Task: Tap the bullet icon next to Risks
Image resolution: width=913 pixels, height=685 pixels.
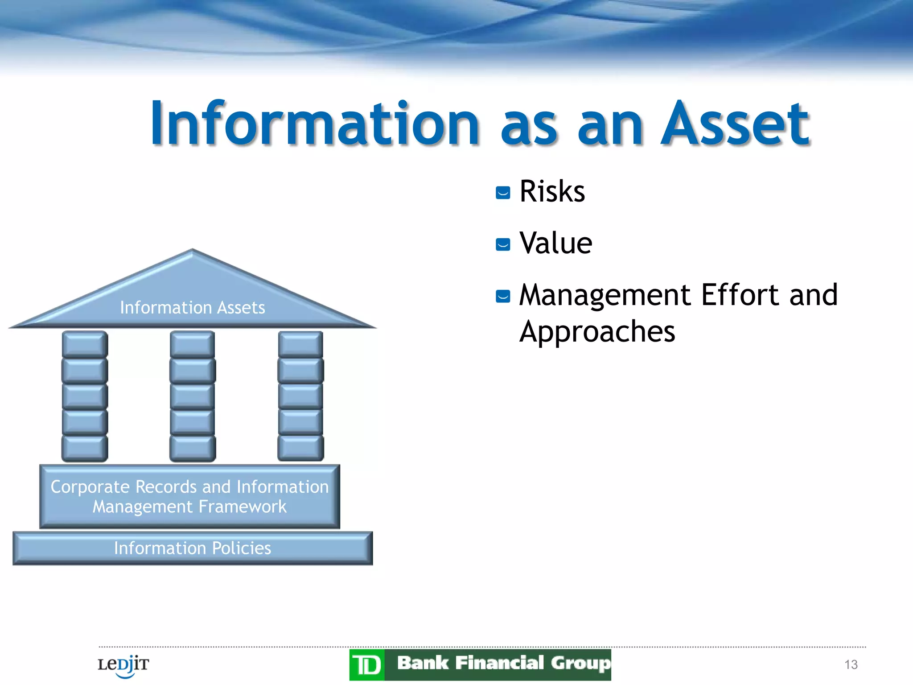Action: [503, 193]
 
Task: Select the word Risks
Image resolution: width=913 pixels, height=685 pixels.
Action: [552, 192]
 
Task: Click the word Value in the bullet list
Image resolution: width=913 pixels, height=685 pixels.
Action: [555, 243]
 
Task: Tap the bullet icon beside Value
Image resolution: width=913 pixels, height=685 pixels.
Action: [503, 244]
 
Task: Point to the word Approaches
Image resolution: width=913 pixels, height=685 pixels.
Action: [597, 332]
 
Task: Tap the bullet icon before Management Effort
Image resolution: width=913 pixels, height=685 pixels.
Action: [503, 296]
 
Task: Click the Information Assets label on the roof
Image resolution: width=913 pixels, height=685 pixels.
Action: [192, 308]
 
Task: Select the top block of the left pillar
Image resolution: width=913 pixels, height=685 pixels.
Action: [85, 344]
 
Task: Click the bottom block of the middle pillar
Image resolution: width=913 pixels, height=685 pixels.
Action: [193, 448]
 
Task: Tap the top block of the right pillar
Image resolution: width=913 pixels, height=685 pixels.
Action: [300, 344]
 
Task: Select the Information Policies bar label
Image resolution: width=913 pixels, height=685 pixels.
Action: [192, 548]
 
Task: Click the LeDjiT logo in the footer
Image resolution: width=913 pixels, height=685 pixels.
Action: [123, 665]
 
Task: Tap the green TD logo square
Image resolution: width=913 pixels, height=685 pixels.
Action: [367, 665]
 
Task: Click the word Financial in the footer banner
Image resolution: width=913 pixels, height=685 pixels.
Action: [499, 663]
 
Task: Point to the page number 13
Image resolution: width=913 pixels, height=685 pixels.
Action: [851, 664]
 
